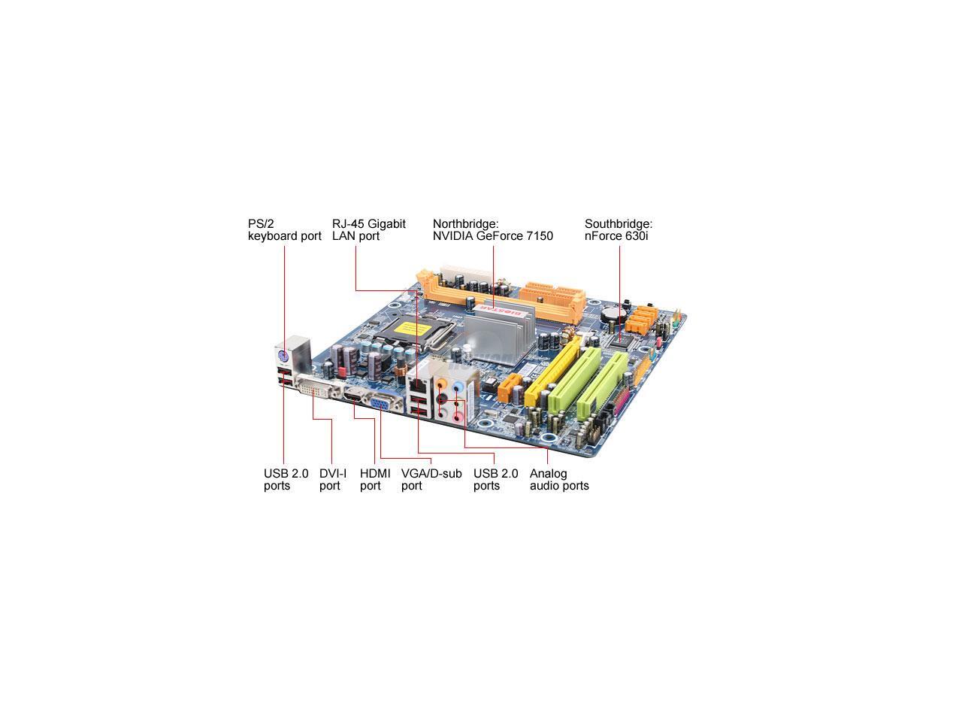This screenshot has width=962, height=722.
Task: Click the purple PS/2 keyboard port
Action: point(283,356)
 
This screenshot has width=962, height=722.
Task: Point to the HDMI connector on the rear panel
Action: point(355,398)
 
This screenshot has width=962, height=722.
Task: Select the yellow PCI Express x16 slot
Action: point(550,372)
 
